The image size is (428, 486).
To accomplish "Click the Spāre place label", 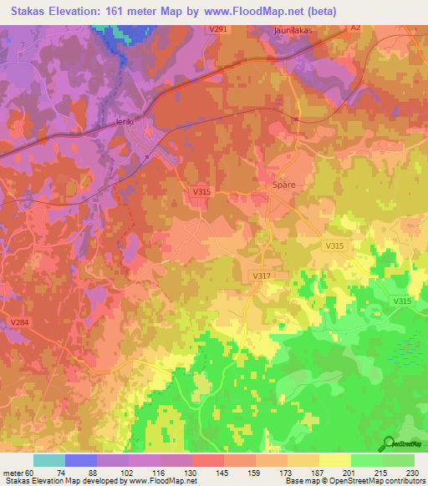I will (x=286, y=185).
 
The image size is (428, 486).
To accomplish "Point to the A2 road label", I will (x=355, y=28).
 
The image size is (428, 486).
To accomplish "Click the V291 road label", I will (x=218, y=29).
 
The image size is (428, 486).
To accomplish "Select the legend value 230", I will (x=412, y=472).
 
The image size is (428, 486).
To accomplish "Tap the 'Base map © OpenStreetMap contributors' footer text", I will (x=354, y=481).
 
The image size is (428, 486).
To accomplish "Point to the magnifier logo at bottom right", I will (x=390, y=444).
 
